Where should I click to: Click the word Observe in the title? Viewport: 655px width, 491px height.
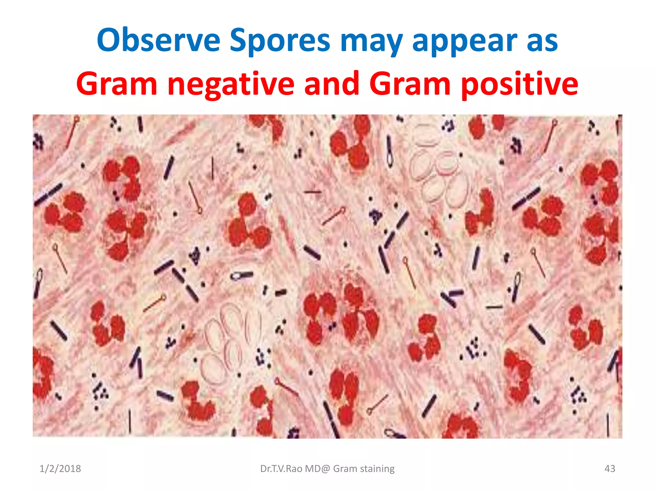point(159,40)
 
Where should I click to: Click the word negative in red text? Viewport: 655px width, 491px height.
point(231,84)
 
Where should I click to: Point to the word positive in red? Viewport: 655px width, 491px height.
point(519,84)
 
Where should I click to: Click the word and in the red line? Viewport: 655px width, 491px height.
point(331,83)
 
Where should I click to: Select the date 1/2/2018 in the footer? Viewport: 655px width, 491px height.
point(60,469)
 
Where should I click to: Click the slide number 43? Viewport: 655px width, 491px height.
point(610,469)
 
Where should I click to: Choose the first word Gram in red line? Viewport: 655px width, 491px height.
point(117,84)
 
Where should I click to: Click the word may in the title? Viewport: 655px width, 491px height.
point(371,41)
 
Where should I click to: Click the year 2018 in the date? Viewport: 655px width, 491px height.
point(70,469)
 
